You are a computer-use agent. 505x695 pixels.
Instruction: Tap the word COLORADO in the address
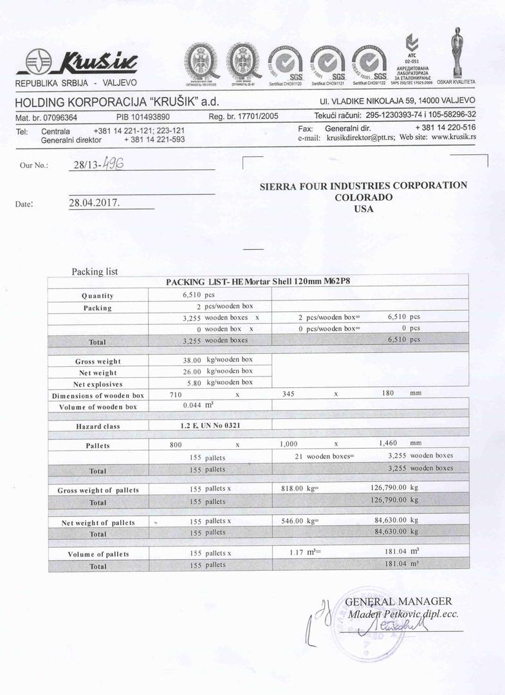point(363,197)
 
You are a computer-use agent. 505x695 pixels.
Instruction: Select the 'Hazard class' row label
point(98,426)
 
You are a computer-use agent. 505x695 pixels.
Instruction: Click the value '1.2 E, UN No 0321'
point(210,425)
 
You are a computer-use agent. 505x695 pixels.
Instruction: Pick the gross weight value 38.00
point(192,361)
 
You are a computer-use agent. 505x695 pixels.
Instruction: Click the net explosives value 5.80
point(194,382)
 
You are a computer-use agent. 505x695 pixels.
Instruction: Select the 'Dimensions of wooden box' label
point(98,395)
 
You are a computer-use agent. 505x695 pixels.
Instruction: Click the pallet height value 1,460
point(391,443)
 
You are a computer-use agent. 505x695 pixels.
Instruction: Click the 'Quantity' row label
point(98,295)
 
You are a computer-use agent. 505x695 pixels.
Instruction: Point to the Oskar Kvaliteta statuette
point(456,55)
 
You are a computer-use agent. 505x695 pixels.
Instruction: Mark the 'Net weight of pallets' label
point(98,523)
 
